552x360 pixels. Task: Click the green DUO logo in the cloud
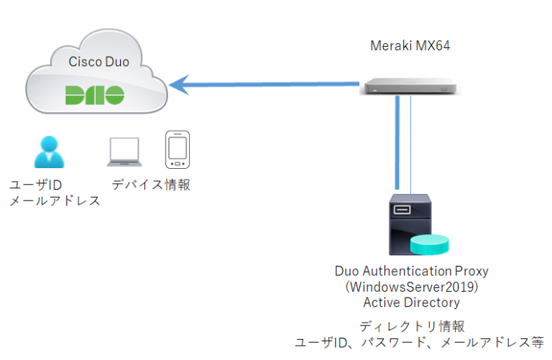[94, 95]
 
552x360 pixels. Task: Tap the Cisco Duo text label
[98, 62]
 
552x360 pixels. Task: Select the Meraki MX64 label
[410, 47]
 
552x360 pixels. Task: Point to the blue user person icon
[48, 152]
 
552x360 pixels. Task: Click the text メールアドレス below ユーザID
[55, 200]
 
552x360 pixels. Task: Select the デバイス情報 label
[151, 185]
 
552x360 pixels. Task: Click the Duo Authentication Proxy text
[411, 272]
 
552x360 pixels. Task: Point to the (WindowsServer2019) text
[411, 287]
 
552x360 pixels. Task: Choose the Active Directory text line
[411, 302]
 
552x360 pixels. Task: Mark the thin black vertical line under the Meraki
[411, 144]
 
